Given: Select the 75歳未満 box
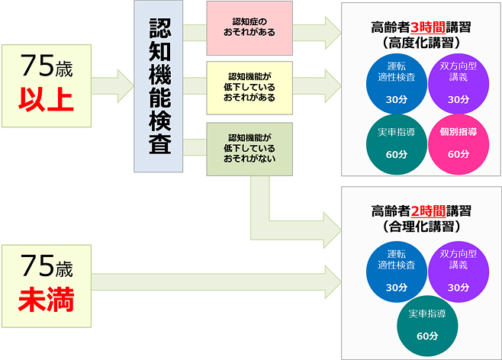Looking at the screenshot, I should click(x=47, y=283).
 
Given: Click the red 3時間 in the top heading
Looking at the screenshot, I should click(x=420, y=27).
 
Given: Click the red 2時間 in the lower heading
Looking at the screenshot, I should click(x=420, y=210).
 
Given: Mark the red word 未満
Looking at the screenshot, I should click(x=47, y=301).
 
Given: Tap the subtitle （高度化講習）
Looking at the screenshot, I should click(x=420, y=43).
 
